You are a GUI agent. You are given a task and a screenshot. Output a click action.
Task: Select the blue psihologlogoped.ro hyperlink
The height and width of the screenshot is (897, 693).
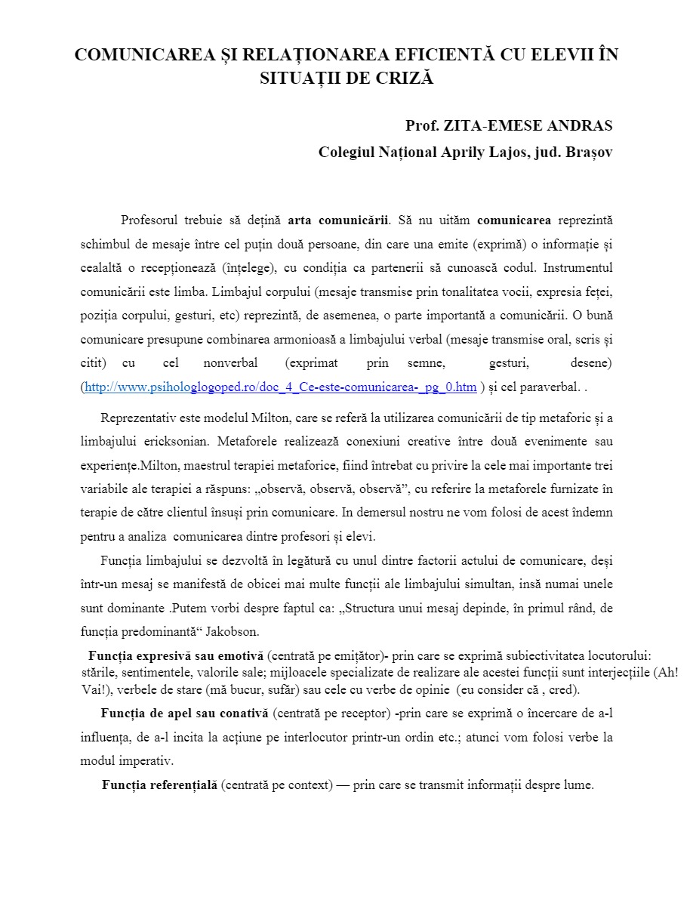point(281,387)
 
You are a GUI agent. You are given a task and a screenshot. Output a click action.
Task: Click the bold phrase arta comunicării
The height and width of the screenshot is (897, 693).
point(338,220)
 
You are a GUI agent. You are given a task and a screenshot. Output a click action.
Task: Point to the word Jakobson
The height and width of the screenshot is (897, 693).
point(233,632)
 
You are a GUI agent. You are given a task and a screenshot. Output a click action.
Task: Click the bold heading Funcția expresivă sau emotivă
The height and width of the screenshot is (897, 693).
point(176,655)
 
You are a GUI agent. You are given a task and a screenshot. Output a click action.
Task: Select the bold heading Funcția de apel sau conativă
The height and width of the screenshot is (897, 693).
point(184,714)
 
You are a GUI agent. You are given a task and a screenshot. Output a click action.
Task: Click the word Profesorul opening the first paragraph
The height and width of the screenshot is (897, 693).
point(149,220)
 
